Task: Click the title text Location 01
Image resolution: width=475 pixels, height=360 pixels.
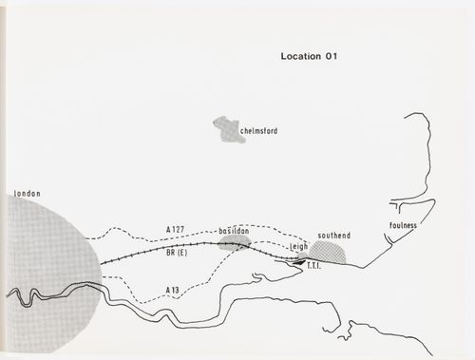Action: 310,56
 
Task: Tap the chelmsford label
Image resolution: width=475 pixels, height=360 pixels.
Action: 257,134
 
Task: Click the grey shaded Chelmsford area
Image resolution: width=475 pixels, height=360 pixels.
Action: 228,128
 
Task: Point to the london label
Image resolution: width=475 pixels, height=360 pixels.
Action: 27,194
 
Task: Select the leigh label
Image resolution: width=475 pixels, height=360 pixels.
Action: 300,245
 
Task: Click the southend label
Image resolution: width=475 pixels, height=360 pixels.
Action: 334,235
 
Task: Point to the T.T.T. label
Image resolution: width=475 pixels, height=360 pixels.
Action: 315,268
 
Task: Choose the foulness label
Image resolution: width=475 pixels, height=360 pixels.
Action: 403,226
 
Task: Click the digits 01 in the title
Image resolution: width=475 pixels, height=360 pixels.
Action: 332,56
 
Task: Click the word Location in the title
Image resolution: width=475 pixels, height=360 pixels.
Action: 300,56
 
